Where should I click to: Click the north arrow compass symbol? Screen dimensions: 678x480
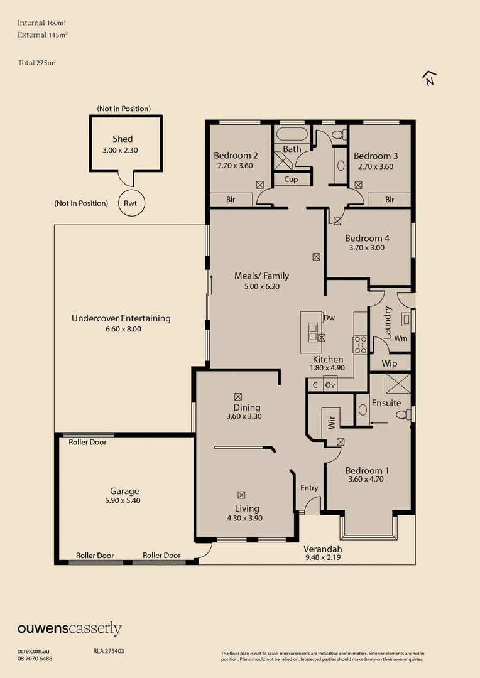pos(430,78)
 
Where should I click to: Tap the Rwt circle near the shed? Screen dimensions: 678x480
pos(131,203)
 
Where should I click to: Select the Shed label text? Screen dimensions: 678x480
pos(123,139)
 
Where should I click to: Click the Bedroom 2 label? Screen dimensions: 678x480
pos(236,156)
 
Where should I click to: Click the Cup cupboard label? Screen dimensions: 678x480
pos(291,180)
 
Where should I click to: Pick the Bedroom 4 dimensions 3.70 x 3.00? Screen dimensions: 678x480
pos(367,248)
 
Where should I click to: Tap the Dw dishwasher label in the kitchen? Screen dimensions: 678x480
pos(329,318)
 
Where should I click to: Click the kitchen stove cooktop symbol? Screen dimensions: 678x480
pos(361,345)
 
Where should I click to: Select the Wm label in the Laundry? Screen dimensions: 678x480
pos(401,338)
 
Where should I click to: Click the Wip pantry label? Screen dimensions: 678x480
pos(390,363)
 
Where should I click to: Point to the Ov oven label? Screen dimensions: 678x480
pos(330,385)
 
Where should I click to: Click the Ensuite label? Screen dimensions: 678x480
pos(386,402)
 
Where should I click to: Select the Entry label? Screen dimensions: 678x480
pos(309,488)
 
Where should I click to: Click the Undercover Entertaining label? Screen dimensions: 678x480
pos(121,318)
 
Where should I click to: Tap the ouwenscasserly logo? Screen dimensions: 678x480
pos(69,628)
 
